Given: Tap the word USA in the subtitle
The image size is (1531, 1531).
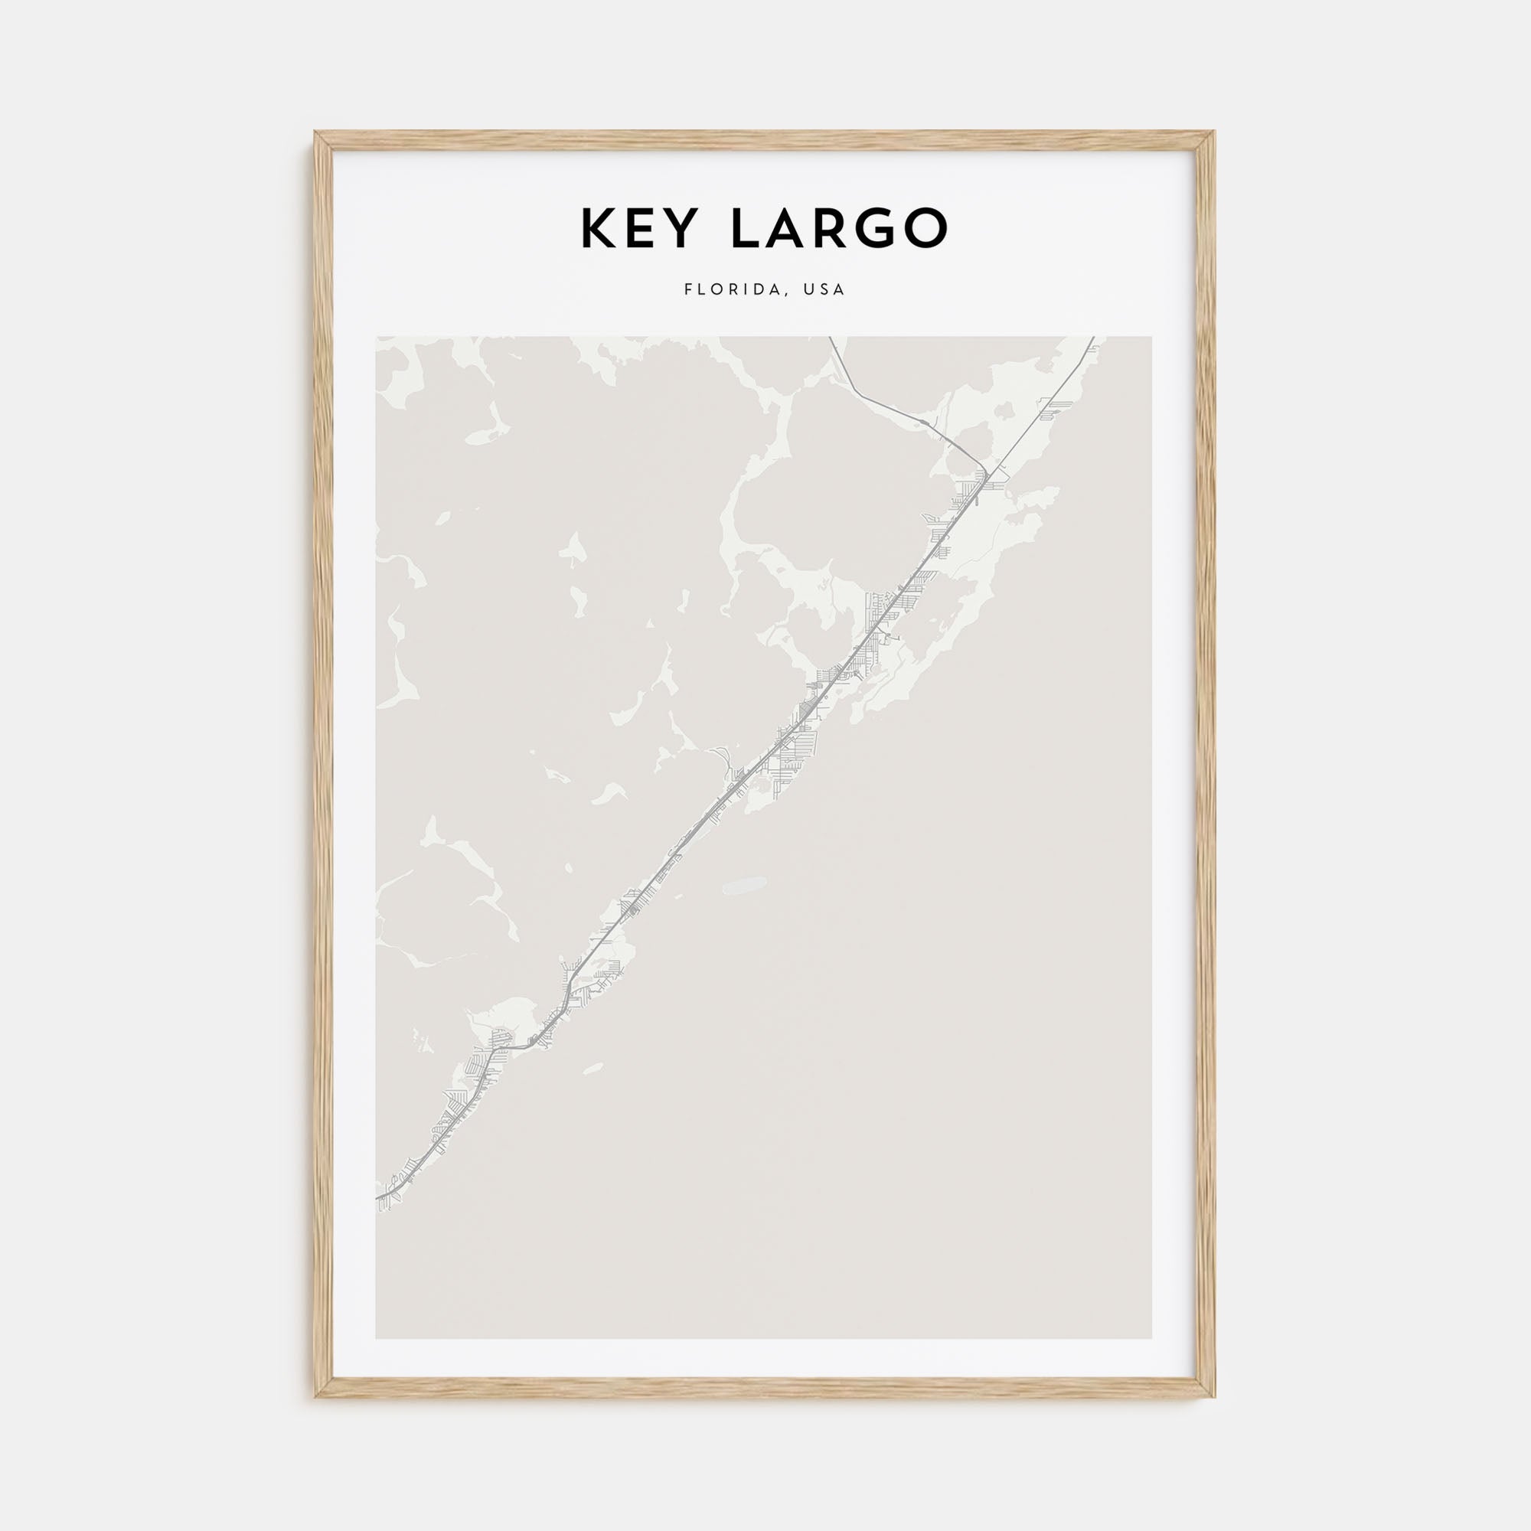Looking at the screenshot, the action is (x=824, y=290).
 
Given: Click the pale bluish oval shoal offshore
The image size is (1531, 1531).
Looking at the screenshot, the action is (x=743, y=883).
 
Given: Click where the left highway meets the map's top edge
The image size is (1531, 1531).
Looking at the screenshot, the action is (x=830, y=338).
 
